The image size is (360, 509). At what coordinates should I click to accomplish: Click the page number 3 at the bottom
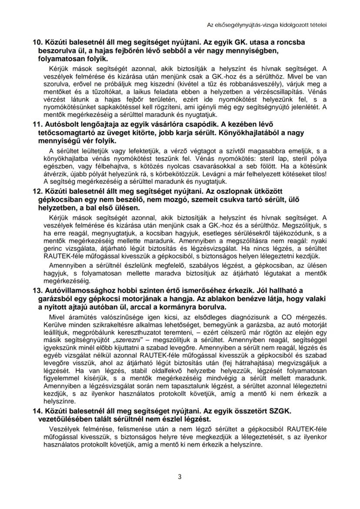point(180,476)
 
